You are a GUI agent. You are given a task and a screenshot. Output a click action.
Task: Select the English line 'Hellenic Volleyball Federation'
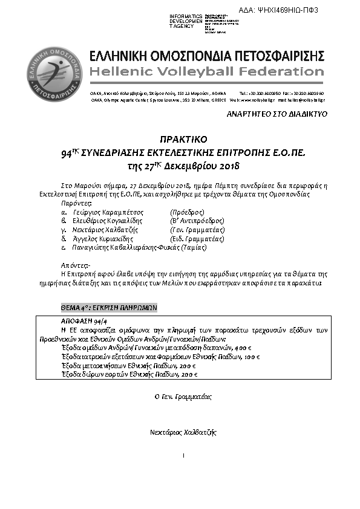click(206, 72)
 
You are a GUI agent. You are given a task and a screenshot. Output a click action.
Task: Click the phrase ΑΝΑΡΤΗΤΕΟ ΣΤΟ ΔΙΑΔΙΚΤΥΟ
click(277, 114)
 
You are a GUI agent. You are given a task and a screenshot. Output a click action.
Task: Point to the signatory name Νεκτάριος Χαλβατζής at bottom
click(183, 432)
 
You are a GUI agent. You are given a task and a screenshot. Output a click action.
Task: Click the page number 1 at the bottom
click(183, 455)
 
